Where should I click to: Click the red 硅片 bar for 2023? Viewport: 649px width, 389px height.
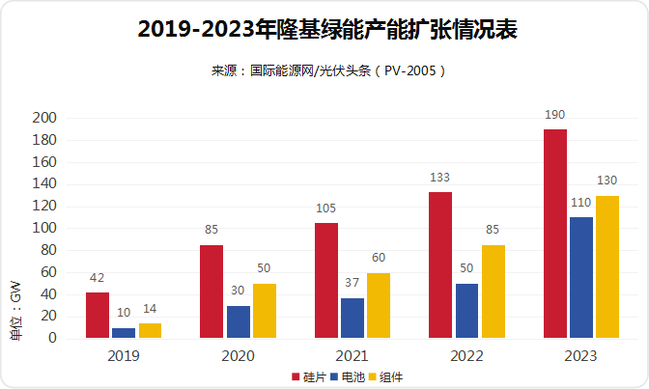pos(555,234)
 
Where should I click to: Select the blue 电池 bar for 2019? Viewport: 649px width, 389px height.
pos(124,333)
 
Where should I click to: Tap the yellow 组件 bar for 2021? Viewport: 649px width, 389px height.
pos(379,306)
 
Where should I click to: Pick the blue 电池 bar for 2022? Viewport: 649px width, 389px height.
pos(467,311)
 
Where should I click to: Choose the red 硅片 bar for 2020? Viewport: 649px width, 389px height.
pos(212,292)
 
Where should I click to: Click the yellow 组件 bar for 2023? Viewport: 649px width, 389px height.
pos(607,267)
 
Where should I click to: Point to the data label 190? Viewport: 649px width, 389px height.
pos(555,115)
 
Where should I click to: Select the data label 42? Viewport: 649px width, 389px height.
pos(97,278)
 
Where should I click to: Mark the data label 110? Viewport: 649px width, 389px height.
pos(581,203)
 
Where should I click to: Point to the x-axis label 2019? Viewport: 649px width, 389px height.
pos(123,356)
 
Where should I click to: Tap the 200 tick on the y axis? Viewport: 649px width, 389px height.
pos(45,118)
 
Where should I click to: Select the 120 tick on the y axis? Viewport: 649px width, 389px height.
pos(45,206)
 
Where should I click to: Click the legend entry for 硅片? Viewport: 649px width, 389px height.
pos(308,376)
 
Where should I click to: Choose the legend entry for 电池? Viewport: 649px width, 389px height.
pos(347,376)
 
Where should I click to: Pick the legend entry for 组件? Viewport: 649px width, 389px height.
pos(385,376)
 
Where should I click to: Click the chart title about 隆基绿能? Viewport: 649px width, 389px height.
pos(324,30)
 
